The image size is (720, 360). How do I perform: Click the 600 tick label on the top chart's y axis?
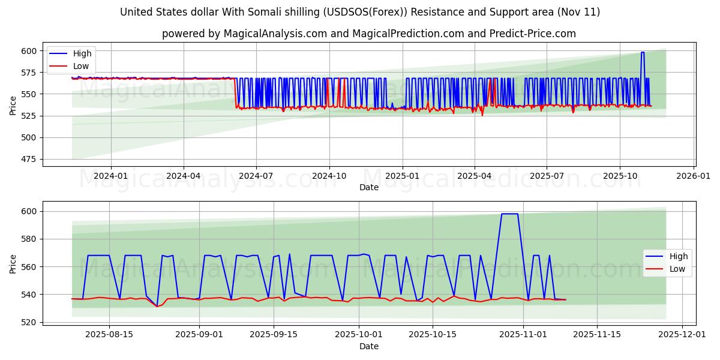coord(29,51)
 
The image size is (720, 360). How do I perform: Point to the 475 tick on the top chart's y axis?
coord(29,159)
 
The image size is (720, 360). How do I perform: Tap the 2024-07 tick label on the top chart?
coord(256,176)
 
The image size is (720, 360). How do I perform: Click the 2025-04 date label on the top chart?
coord(475,176)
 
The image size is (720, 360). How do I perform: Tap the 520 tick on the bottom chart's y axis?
coord(29,322)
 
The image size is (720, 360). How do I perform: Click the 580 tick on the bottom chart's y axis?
coord(29,239)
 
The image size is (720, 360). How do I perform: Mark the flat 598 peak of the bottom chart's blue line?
coord(509,214)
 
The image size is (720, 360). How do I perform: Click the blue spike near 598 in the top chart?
coord(643,53)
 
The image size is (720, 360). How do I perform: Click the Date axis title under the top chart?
coord(368,187)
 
